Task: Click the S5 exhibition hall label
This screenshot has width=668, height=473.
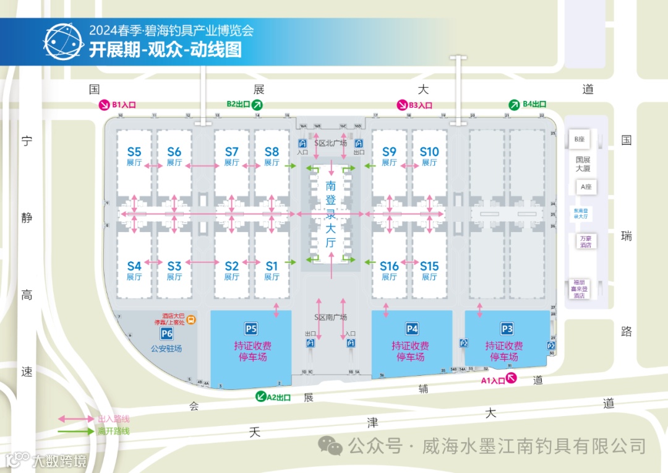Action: [x=134, y=152]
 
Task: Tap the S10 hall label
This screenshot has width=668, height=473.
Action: [x=429, y=152]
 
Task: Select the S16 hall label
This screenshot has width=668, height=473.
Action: [x=389, y=266]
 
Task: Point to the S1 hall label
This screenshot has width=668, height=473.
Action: [x=272, y=266]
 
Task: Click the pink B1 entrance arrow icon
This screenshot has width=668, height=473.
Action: [x=104, y=105]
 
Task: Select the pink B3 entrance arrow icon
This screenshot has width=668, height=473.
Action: [x=401, y=105]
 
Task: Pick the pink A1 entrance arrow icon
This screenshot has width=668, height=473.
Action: [x=512, y=380]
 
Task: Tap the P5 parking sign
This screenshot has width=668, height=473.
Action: [x=251, y=329]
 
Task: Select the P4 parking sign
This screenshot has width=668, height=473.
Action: [x=412, y=329]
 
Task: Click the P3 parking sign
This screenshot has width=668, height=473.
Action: [x=507, y=329]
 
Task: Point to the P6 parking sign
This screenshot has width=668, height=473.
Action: [x=166, y=334]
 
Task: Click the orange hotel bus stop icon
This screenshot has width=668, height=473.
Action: [x=192, y=319]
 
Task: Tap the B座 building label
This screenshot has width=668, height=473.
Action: [x=579, y=139]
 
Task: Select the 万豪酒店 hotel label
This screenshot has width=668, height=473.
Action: [x=585, y=241]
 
